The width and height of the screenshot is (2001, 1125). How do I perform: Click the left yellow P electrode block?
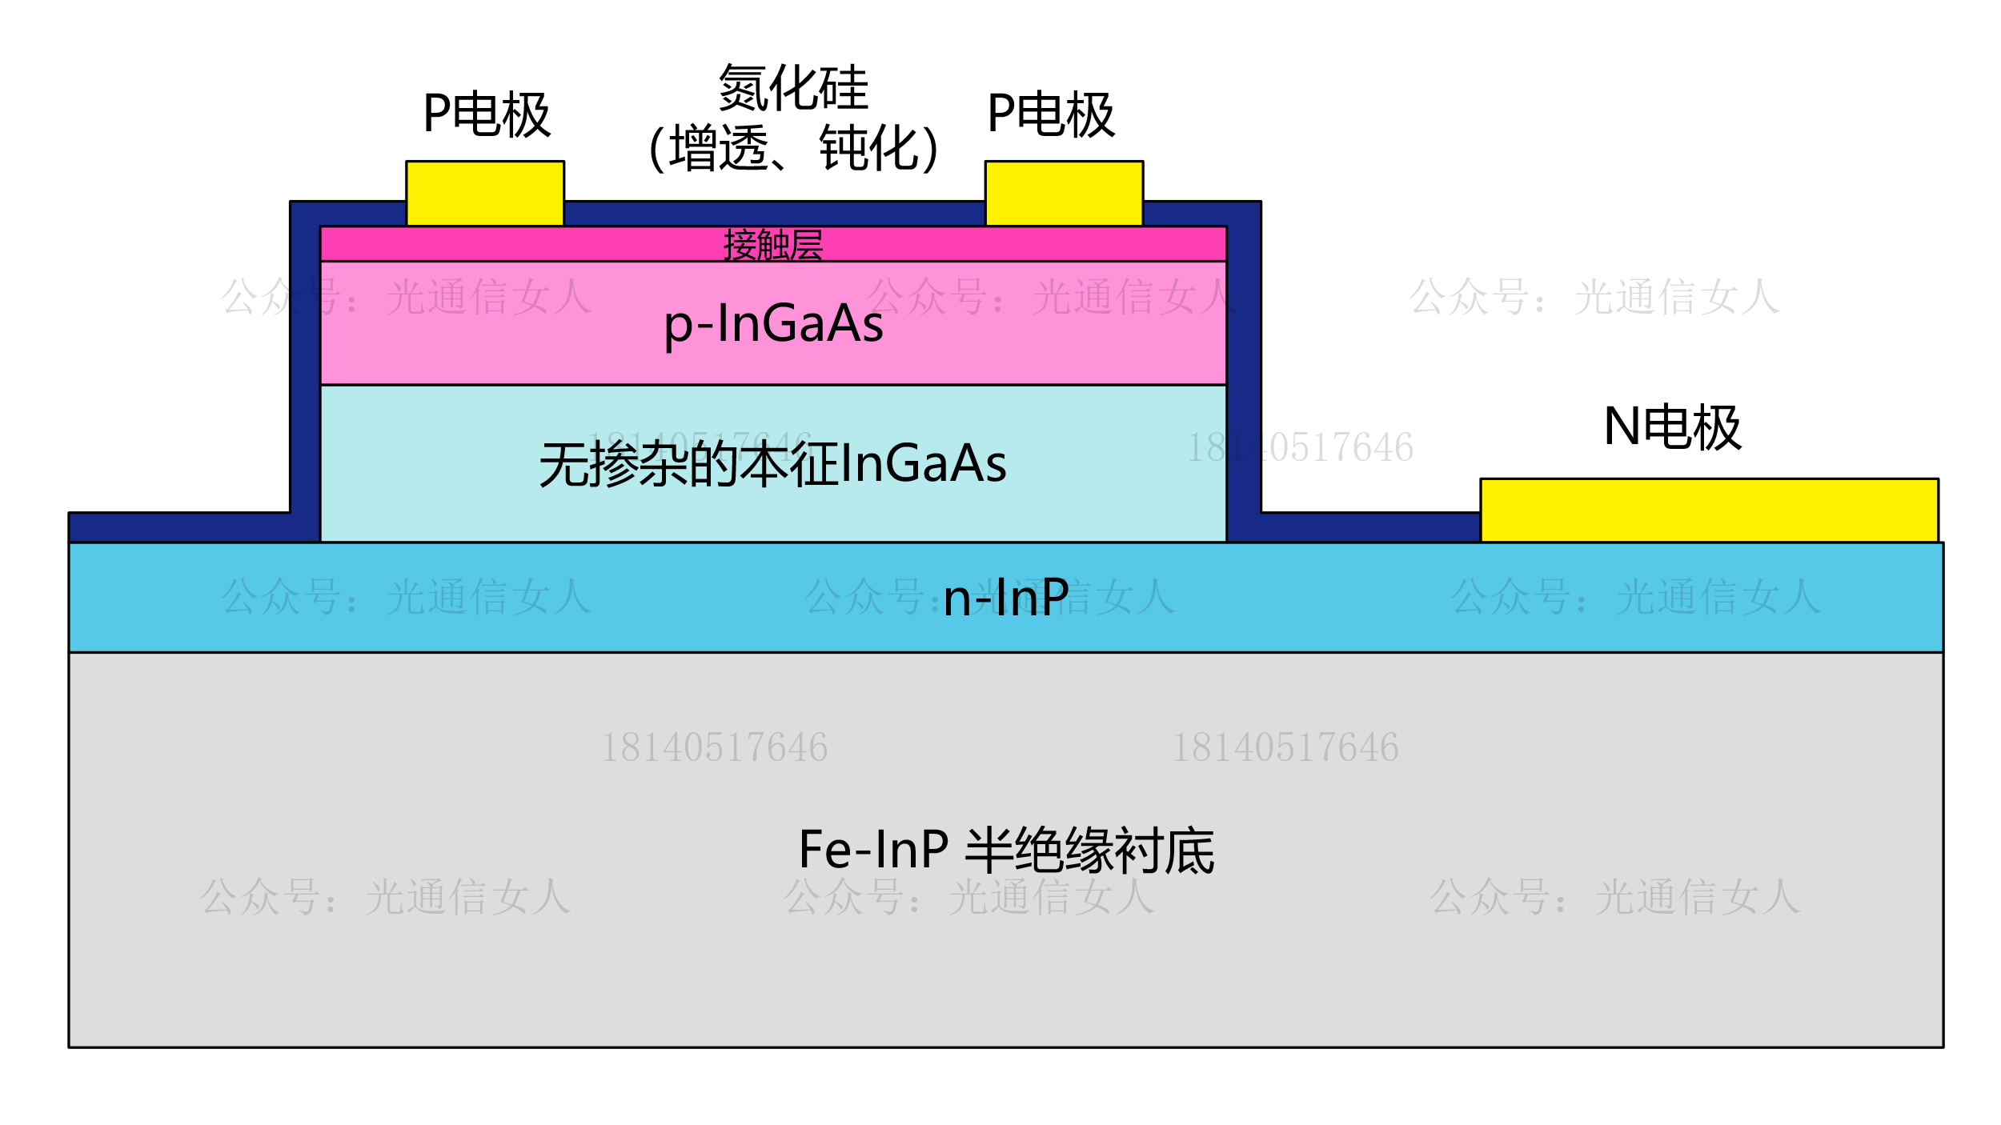click(485, 194)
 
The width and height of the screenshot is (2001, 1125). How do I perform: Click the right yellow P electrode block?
click(1064, 194)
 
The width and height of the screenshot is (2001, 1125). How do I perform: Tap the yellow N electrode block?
click(1709, 510)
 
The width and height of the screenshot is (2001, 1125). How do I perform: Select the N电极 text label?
click(1672, 427)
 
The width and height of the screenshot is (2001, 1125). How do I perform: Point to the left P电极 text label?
click(487, 114)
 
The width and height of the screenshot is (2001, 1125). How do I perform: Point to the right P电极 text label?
click(1051, 114)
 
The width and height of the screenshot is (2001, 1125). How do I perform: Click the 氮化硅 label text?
click(793, 88)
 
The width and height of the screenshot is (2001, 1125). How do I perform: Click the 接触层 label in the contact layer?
click(773, 245)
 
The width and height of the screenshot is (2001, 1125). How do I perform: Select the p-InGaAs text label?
click(773, 324)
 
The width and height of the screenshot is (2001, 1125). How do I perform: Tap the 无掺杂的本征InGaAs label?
click(773, 465)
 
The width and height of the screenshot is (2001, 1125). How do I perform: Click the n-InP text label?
click(1006, 598)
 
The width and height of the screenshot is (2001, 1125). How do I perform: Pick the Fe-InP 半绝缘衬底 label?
click(1006, 850)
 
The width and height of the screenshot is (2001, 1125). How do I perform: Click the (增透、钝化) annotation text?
click(793, 149)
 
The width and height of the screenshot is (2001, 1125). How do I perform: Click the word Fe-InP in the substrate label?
click(873, 850)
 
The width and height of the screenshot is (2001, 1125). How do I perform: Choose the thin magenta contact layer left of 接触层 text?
click(520, 244)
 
